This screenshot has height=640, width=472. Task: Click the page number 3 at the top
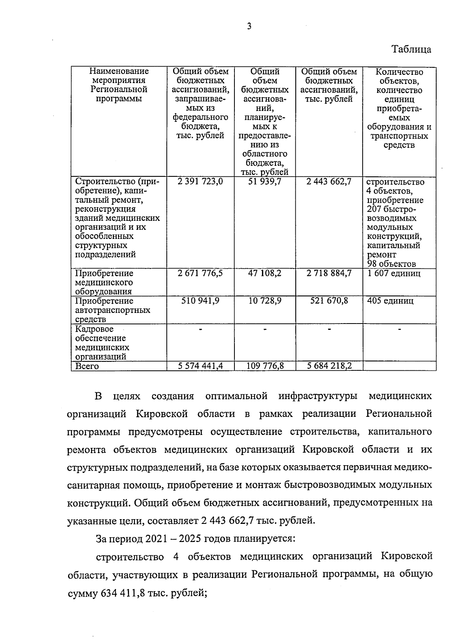pyautogui.click(x=249, y=26)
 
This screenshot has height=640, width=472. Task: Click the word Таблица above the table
pyautogui.click(x=411, y=50)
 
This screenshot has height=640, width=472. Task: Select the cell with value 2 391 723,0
pyautogui.click(x=201, y=182)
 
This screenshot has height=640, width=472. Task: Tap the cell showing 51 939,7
pyautogui.click(x=265, y=182)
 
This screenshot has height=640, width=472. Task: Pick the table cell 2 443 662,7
pyautogui.click(x=329, y=182)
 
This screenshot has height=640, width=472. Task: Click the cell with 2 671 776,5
pyautogui.click(x=201, y=273)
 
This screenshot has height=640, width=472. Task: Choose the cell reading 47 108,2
pyautogui.click(x=265, y=273)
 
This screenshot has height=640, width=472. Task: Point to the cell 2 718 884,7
pyautogui.click(x=329, y=273)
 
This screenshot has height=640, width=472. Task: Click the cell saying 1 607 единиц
pyautogui.click(x=394, y=273)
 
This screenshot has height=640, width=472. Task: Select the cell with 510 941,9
pyautogui.click(x=201, y=301)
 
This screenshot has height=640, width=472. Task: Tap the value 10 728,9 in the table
pyautogui.click(x=265, y=301)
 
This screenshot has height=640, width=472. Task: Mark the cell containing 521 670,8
pyautogui.click(x=329, y=301)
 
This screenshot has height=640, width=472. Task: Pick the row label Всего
pyautogui.click(x=87, y=366)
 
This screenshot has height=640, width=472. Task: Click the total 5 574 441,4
pyautogui.click(x=201, y=366)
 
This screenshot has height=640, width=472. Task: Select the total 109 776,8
pyautogui.click(x=265, y=366)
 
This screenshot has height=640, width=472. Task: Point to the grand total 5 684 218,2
pyautogui.click(x=329, y=366)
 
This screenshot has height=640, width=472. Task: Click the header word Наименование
pyautogui.click(x=119, y=72)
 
